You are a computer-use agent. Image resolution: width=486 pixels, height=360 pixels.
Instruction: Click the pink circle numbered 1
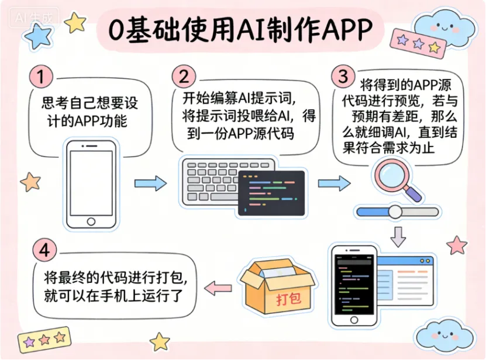click(41, 77)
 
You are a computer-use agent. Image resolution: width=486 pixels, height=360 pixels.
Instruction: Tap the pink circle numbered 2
click(184, 77)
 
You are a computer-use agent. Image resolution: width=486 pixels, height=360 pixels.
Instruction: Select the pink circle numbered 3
click(343, 77)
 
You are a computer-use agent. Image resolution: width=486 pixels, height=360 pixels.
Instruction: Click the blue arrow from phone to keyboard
click(150, 184)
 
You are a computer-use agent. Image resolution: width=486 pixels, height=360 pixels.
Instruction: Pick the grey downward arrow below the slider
click(398, 236)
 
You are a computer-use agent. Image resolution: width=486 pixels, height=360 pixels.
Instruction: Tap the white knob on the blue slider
click(396, 212)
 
